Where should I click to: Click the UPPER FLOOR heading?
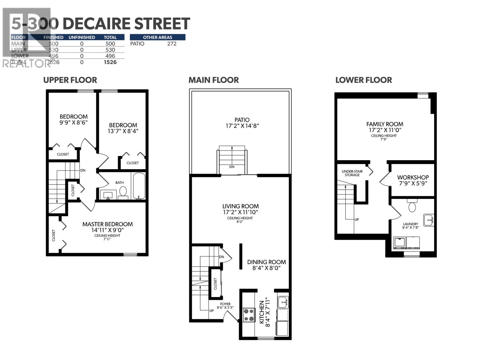coord(70,80)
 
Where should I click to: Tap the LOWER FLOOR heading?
coord(364,80)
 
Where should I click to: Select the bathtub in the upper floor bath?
coord(139,186)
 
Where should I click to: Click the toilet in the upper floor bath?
coord(123,191)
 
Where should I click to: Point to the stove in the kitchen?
coord(249,315)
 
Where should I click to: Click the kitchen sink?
coord(283,302)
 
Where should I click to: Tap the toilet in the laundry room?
coord(412,206)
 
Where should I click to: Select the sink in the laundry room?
coord(429,220)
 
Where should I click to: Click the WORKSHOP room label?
coord(413,177)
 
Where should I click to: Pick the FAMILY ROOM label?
coord(385,124)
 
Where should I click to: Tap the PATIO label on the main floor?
coord(242,120)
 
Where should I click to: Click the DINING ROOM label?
coord(266,262)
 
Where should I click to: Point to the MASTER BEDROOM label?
coord(107,224)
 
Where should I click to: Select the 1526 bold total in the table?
coord(110,62)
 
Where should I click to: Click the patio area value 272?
coord(172,43)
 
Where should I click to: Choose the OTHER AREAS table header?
coord(157,37)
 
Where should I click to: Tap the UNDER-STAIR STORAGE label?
coord(352,173)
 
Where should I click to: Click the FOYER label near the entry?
coord(225,304)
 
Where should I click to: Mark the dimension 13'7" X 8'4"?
coord(123,131)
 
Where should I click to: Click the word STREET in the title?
coord(162,23)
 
